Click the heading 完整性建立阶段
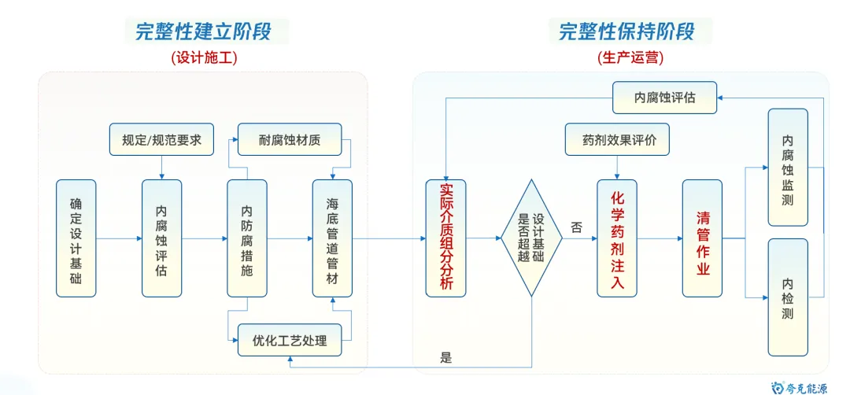pyautogui.click(x=204, y=31)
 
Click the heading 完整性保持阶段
pyautogui.click(x=626, y=31)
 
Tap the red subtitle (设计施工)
pyautogui.click(x=204, y=57)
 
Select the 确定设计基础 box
pyautogui.click(x=76, y=238)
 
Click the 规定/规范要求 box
pyautogui.click(x=161, y=140)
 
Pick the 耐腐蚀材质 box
pyautogui.click(x=290, y=140)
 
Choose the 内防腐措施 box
pyautogui.click(x=247, y=238)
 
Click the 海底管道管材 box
pyautogui.click(x=332, y=238)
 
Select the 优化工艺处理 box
pyautogui.click(x=290, y=341)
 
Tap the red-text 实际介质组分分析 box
pyautogui.click(x=445, y=238)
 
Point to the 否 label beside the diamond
pyautogui.click(x=576, y=227)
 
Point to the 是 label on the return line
pyautogui.click(x=446, y=358)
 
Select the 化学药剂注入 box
pyautogui.click(x=617, y=238)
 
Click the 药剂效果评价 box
pyautogui.click(x=617, y=140)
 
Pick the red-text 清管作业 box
pyautogui.click(x=702, y=238)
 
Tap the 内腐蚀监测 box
pyautogui.click(x=788, y=168)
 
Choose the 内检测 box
pyautogui.click(x=788, y=297)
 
